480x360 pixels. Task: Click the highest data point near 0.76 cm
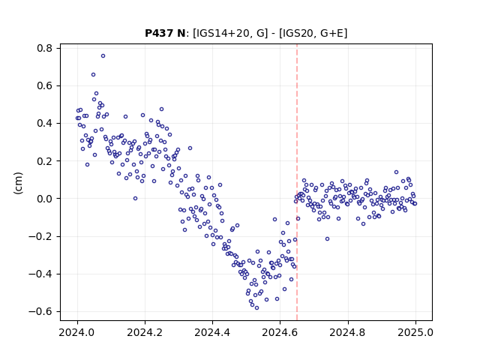[x=103, y=55]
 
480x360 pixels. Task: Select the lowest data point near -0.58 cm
[x=256, y=307]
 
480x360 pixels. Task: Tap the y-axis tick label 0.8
[x=45, y=48]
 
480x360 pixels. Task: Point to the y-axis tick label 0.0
[x=45, y=199]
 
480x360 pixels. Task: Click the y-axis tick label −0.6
[x=40, y=312]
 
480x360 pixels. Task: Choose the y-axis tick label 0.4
[x=45, y=123]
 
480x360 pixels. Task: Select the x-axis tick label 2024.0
[x=77, y=332]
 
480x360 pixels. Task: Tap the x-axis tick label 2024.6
[x=280, y=332]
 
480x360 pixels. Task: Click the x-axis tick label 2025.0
[x=415, y=332]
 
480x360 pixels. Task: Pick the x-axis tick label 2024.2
[x=145, y=332]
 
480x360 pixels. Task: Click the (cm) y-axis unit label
[x=18, y=183]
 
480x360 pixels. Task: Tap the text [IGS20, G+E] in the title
[x=313, y=33]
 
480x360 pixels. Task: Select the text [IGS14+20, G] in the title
[x=230, y=33]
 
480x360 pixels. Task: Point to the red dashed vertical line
[x=297, y=182]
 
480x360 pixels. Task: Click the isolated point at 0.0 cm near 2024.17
[x=135, y=198]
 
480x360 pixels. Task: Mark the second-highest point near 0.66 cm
[x=93, y=75]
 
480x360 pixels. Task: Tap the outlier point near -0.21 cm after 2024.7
[x=327, y=238]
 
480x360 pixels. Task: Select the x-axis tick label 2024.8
[x=347, y=332]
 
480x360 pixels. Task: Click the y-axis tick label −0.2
[x=40, y=236]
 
